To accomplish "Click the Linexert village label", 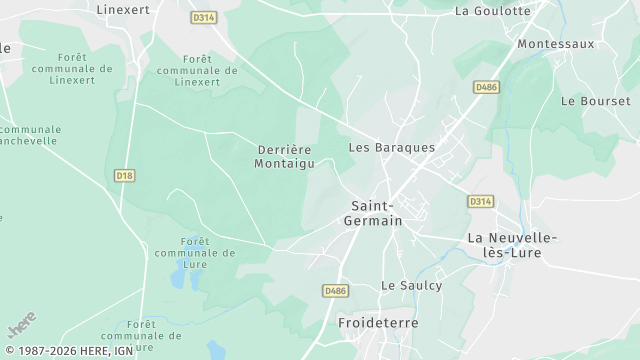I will [125, 9].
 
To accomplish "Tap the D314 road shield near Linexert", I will [203, 17].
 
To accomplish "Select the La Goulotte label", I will [492, 11].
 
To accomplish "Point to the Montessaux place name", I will [555, 44].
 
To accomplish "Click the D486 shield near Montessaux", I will [486, 88].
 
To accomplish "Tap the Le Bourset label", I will [595, 101].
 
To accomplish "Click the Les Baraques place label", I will [391, 147].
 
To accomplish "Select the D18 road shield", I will [124, 175].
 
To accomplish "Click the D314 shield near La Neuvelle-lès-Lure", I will [480, 201].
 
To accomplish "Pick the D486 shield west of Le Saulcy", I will [335, 290].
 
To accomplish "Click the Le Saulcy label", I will [411, 285].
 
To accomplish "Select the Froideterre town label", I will [378, 324].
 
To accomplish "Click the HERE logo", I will [21, 326].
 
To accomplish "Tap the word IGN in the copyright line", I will [123, 352].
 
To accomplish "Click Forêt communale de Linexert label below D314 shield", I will [204, 71].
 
